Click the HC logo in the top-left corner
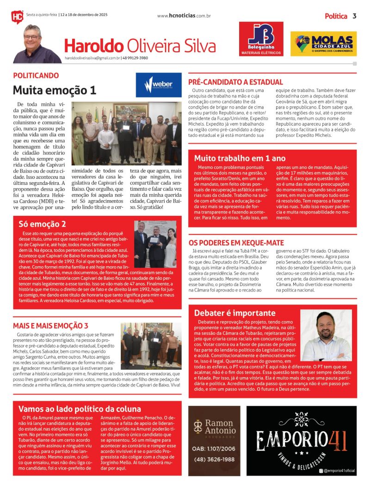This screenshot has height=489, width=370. [17, 17]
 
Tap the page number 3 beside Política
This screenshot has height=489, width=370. [354, 16]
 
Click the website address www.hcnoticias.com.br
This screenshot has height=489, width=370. [184, 16]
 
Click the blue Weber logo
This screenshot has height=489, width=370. [159, 85]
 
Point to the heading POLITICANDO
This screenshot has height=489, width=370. [36, 75]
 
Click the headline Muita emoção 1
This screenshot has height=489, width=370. [54, 90]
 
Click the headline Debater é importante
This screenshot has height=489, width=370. [234, 313]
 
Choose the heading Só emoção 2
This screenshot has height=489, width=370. [42, 224]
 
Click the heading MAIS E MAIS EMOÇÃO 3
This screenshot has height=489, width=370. [50, 325]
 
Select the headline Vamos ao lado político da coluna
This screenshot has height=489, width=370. [80, 409]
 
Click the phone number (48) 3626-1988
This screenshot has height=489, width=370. [213, 459]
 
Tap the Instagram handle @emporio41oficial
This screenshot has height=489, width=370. [339, 471]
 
